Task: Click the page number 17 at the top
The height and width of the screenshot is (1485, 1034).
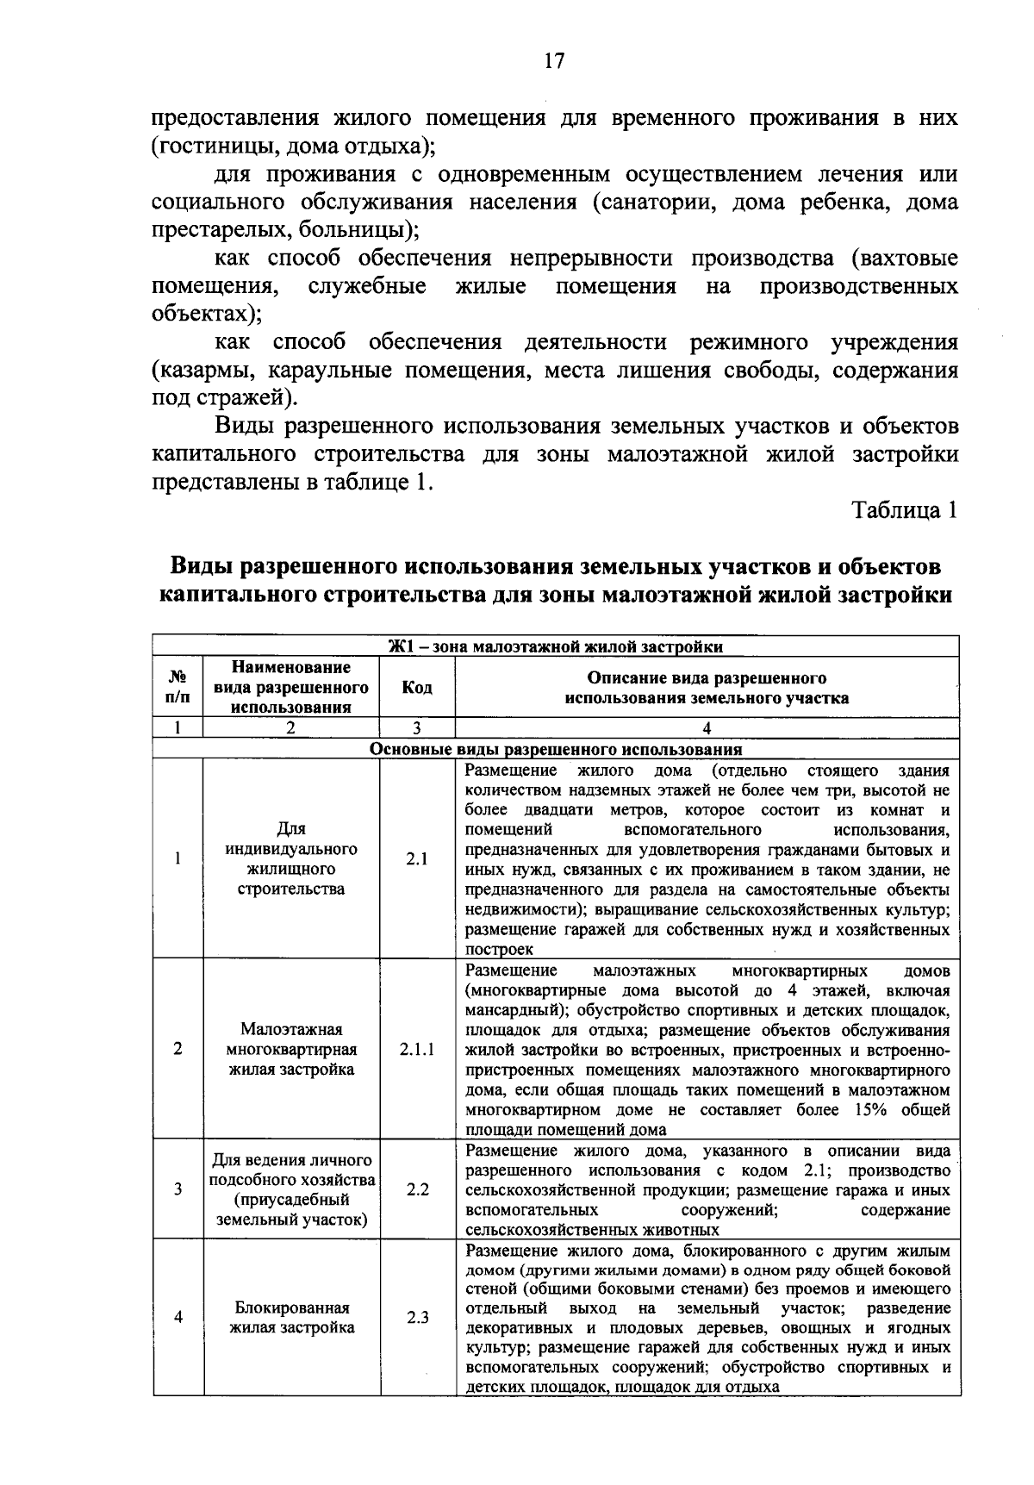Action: click(553, 61)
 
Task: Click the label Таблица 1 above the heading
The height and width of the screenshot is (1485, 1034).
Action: click(905, 510)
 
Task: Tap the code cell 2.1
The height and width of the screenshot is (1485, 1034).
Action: click(417, 859)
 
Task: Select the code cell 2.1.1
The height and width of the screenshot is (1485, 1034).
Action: click(417, 1049)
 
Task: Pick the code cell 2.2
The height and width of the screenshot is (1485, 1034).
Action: click(417, 1189)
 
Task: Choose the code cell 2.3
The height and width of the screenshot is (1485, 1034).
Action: click(417, 1318)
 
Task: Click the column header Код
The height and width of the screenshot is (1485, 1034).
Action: click(417, 688)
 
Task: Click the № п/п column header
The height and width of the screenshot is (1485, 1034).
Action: click(177, 688)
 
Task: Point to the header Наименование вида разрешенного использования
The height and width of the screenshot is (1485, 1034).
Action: click(291, 688)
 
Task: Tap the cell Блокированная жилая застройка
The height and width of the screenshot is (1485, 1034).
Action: click(291, 1318)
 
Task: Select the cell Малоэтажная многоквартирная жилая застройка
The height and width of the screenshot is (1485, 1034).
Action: click(291, 1049)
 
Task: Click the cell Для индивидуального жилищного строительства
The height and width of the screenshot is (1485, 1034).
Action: click(291, 858)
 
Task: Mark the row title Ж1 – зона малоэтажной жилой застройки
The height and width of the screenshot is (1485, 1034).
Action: click(556, 647)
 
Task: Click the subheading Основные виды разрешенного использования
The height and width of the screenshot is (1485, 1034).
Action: click(556, 749)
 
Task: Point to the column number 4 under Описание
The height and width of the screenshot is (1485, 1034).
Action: click(707, 728)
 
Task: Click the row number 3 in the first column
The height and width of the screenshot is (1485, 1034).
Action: click(178, 1189)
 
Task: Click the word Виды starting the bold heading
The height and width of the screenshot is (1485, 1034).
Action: click(202, 567)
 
